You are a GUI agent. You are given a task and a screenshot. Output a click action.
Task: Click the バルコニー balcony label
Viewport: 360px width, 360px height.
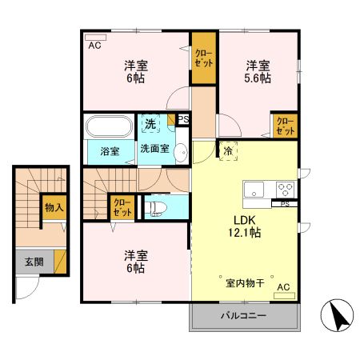click(x=243, y=316)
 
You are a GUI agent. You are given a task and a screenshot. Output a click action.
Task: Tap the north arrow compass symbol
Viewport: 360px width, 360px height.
click(x=338, y=316)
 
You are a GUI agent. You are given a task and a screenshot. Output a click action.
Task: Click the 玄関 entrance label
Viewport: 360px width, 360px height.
click(x=33, y=261)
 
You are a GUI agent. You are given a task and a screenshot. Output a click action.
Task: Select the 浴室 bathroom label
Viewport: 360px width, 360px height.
click(x=110, y=149)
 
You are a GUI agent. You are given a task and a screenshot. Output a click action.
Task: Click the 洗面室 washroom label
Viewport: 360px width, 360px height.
click(x=155, y=149)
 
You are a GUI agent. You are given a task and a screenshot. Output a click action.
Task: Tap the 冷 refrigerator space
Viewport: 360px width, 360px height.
click(x=228, y=150)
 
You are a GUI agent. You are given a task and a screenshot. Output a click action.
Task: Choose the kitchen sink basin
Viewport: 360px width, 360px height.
click(x=254, y=190)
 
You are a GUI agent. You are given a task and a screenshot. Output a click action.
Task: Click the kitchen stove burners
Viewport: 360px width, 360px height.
click(x=284, y=190)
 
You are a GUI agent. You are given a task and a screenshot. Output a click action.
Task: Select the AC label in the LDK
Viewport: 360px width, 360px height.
click(x=283, y=287)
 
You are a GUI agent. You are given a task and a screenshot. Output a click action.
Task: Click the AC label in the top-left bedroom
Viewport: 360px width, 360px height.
click(x=94, y=45)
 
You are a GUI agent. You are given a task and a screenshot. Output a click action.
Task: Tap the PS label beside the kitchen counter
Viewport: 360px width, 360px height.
click(x=284, y=204)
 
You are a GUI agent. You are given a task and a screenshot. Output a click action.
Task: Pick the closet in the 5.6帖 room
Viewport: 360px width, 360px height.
click(x=284, y=126)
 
